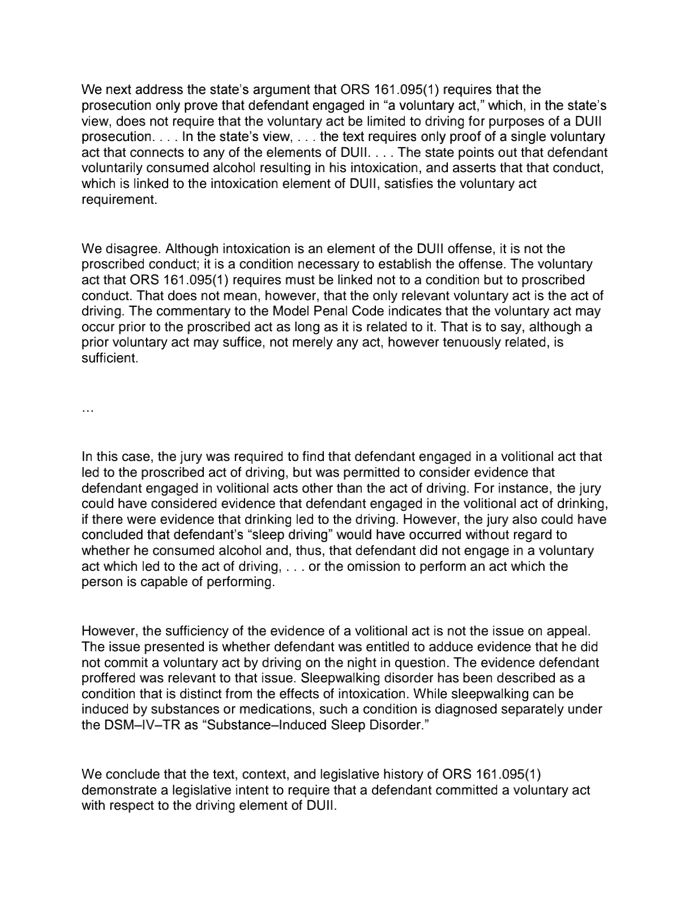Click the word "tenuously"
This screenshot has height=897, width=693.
click(x=484, y=343)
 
